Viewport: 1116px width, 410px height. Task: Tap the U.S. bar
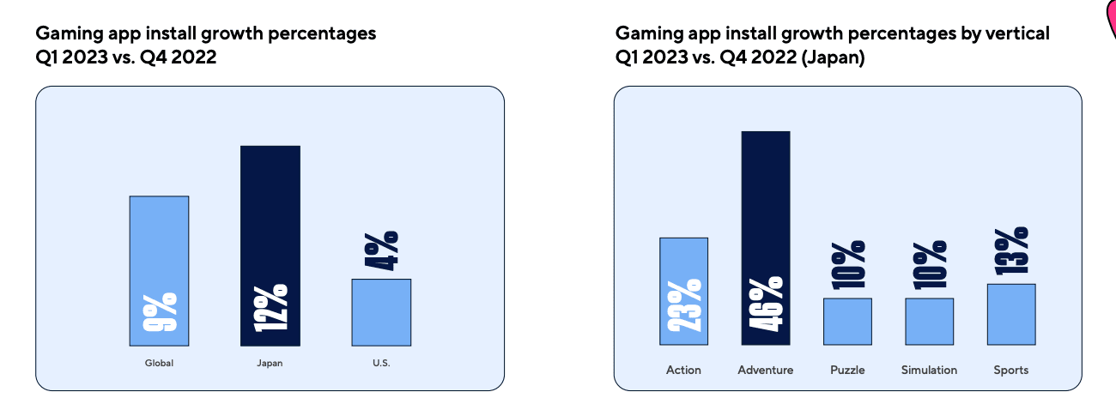tap(381, 312)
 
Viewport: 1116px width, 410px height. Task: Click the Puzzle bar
tap(847, 322)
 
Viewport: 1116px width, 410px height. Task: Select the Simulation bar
tap(929, 322)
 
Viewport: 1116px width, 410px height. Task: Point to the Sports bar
tap(1011, 314)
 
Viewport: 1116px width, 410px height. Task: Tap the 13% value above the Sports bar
tap(1011, 250)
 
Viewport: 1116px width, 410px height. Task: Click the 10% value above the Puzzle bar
tap(848, 264)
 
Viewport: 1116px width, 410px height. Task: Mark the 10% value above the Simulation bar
tap(930, 264)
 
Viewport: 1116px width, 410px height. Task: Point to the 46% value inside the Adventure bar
tap(766, 304)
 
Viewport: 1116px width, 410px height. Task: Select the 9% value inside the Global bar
tap(160, 312)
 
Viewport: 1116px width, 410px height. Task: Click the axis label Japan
tap(270, 364)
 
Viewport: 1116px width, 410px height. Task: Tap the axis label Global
tap(159, 364)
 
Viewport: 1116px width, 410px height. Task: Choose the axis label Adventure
tap(765, 371)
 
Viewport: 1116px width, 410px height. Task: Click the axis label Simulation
tap(929, 371)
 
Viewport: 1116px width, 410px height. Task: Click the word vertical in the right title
tap(1019, 33)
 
